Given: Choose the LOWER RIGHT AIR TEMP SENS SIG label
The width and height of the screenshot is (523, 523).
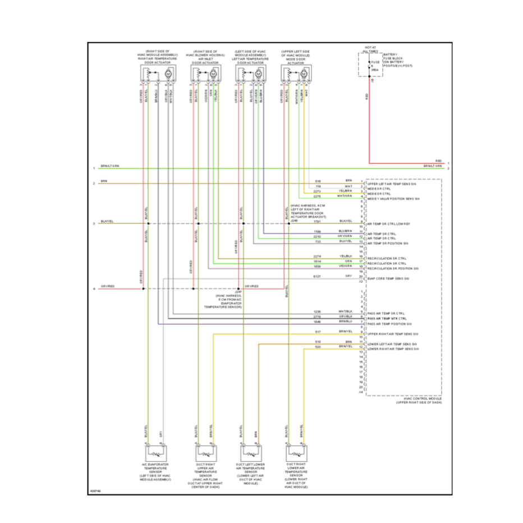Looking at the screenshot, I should tap(393, 348).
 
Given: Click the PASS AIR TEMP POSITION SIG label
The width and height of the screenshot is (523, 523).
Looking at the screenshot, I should tap(389, 324).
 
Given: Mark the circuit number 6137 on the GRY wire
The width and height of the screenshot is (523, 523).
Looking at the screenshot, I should tap(317, 277).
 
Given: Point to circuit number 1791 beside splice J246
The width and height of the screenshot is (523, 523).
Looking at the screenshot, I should tap(317, 222).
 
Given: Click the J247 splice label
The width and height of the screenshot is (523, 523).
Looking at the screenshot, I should tap(238, 292).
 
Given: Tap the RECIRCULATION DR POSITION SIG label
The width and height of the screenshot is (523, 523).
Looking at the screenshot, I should tap(393, 268).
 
